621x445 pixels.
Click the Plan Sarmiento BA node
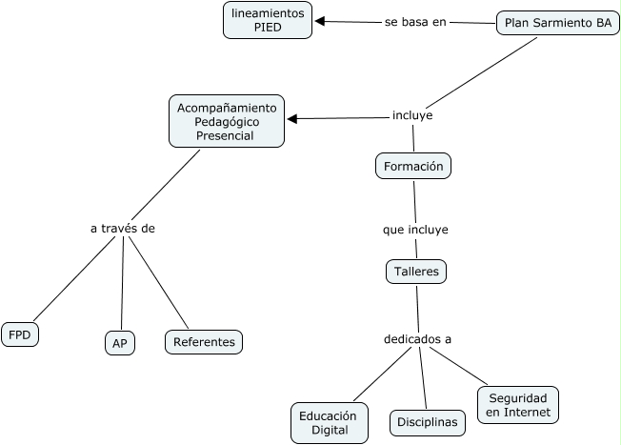[x=557, y=24]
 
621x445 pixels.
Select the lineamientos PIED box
[x=268, y=20]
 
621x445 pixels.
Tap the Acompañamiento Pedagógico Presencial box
[x=227, y=121]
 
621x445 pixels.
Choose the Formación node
[x=413, y=166]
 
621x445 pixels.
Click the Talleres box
[x=416, y=272]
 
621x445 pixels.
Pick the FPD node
[x=20, y=334]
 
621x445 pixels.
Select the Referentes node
[x=204, y=341]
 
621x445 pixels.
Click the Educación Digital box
[x=329, y=423]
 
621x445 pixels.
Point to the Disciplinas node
[x=427, y=421]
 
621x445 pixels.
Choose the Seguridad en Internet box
[x=517, y=405]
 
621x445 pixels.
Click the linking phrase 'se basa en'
[x=415, y=22]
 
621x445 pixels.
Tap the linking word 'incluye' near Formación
[x=412, y=115]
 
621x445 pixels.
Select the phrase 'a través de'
[x=122, y=228]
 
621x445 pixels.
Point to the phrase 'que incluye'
[x=415, y=230]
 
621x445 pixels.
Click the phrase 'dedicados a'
[x=417, y=338]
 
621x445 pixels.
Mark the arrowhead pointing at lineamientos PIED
[x=321, y=21]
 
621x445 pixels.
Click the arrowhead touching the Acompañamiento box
[x=293, y=119]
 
